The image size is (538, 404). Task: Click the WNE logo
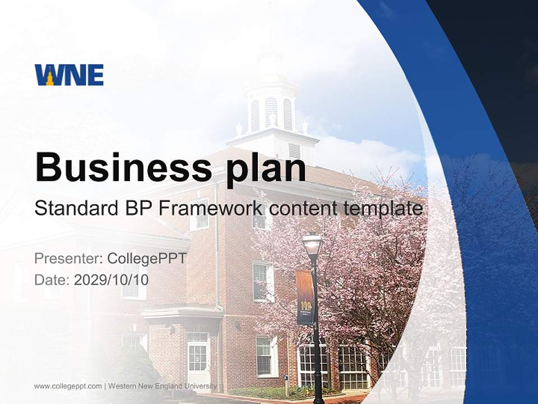click(69, 75)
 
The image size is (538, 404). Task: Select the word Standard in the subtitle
click(75, 208)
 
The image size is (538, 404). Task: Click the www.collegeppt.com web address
click(68, 386)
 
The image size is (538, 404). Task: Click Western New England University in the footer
click(163, 386)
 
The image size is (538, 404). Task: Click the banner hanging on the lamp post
click(305, 297)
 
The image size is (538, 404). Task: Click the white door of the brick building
click(198, 359)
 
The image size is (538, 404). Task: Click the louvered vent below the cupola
click(294, 150)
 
